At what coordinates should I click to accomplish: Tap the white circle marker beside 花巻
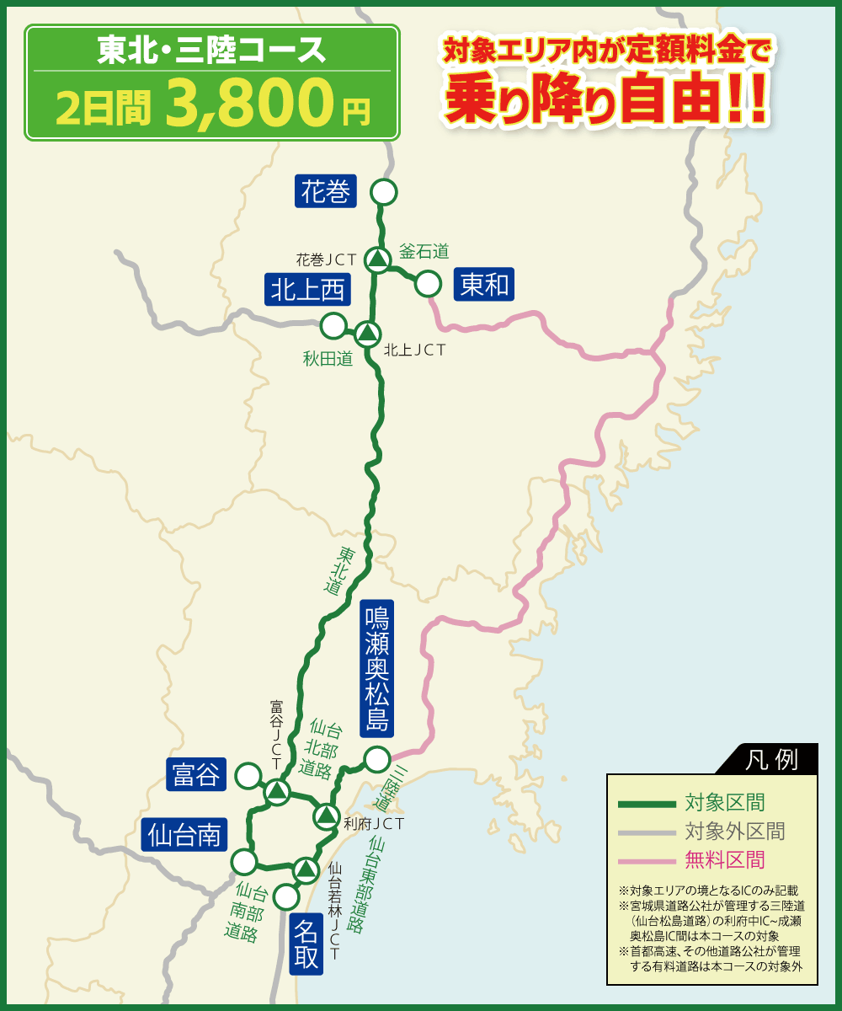pos(384,192)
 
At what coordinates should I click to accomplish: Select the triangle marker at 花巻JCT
pos(378,259)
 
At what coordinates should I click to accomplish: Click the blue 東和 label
pos(484,286)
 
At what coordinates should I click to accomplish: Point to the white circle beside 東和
pos(429,284)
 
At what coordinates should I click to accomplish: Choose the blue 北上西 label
pos(307,290)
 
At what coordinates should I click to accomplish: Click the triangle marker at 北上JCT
pos(367,334)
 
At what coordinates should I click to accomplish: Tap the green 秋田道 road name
pos(328,359)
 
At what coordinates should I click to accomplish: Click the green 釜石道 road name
pos(424,250)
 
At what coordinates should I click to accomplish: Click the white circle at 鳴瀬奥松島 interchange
pos(376,759)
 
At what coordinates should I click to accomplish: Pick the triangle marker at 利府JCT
pos(326,816)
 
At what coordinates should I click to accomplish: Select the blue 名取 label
pos(306,944)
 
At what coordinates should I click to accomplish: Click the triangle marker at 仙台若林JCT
pos(306,869)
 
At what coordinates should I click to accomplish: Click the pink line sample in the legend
pos(647,860)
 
